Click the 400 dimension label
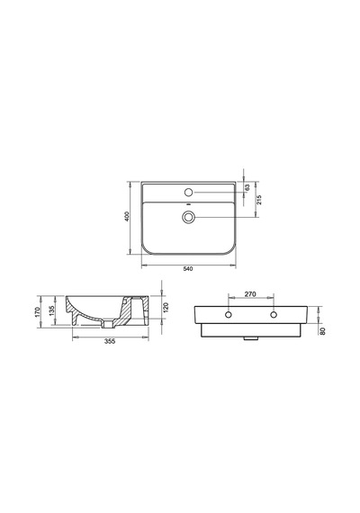click(x=127, y=216)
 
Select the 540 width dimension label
click(x=188, y=269)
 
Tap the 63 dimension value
click(x=247, y=187)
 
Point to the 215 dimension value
click(x=259, y=200)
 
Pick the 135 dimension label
click(x=51, y=311)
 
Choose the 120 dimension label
click(x=166, y=308)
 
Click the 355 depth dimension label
click(x=110, y=342)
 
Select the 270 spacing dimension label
click(x=250, y=294)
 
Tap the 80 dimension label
click(x=323, y=331)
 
